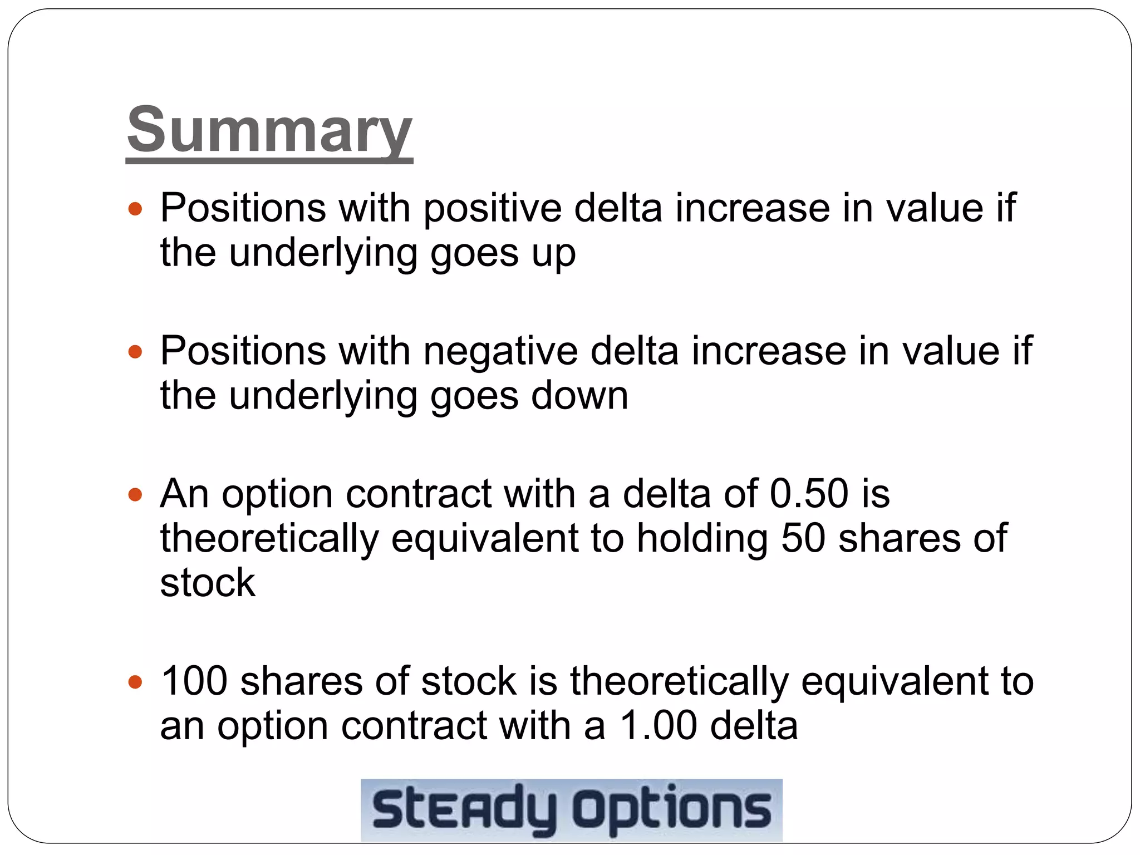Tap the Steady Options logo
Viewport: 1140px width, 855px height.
tap(572, 810)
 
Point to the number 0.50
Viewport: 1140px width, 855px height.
tap(809, 494)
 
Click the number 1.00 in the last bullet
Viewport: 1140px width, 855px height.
tap(658, 726)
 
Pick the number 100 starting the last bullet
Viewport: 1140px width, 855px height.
tap(194, 681)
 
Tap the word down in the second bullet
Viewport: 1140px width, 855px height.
tap(579, 396)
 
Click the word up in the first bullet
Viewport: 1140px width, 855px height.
tap(553, 254)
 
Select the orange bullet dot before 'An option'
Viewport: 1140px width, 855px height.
tap(135, 494)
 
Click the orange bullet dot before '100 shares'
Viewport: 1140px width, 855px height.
tap(135, 682)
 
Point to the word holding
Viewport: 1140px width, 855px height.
tap(702, 539)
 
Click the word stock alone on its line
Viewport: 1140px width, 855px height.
tap(208, 583)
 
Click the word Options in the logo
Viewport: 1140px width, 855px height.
tap(672, 810)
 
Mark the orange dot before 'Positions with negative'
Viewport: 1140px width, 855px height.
tap(135, 352)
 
